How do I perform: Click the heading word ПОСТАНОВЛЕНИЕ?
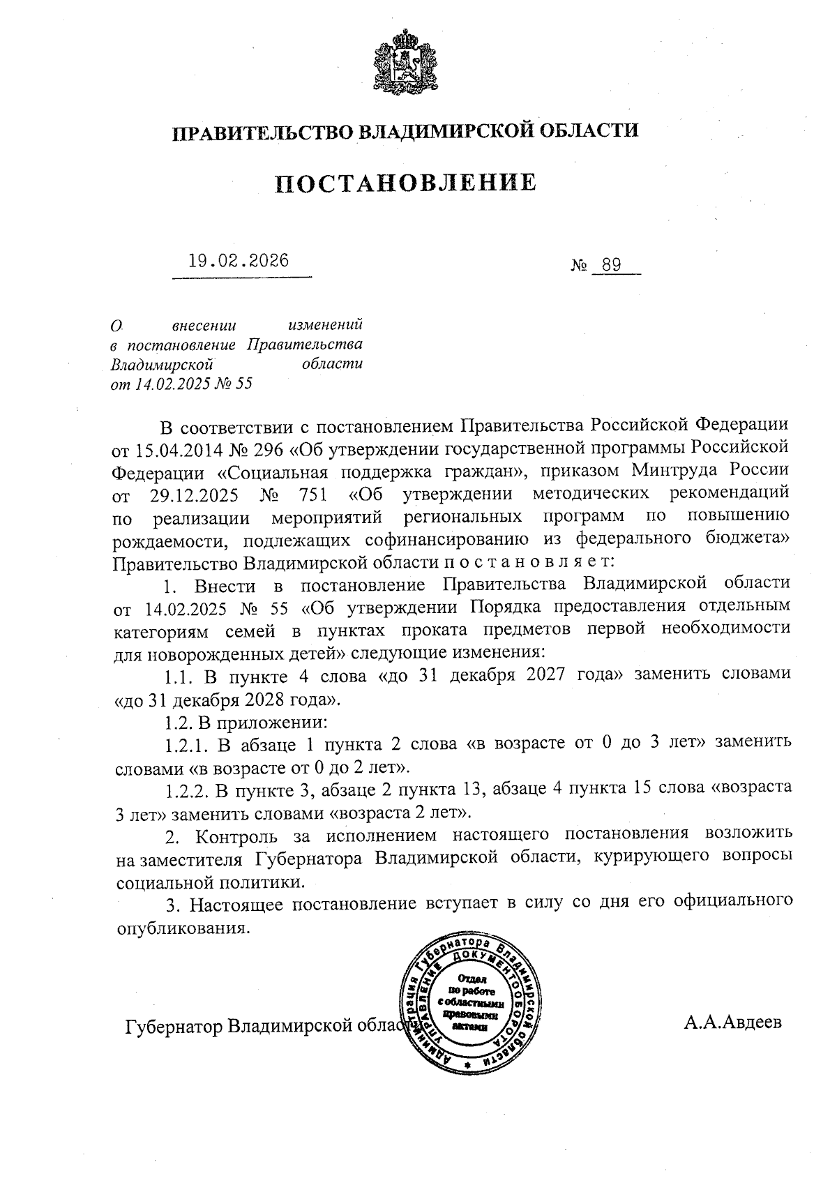406,183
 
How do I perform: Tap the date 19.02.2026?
239,262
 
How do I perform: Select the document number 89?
610,266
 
